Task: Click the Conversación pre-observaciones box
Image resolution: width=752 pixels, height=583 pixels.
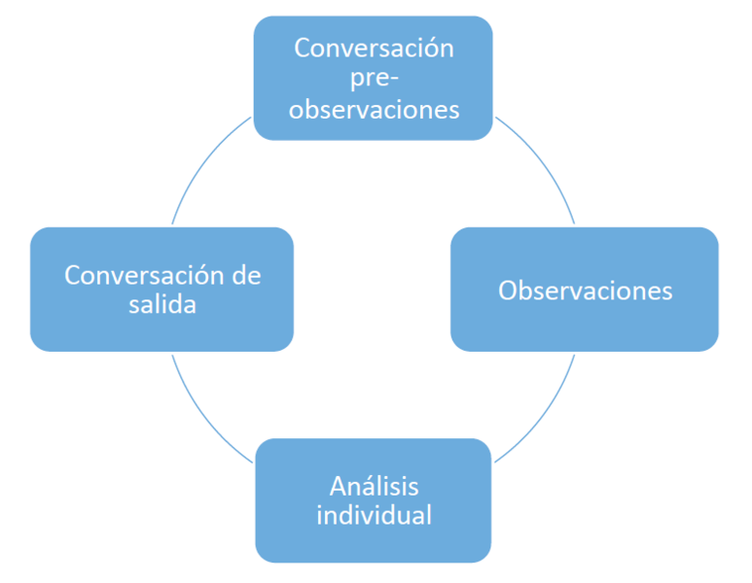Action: [x=374, y=78]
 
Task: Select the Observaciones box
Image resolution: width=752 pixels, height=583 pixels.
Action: [x=585, y=290]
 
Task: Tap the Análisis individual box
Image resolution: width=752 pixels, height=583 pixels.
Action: [x=374, y=500]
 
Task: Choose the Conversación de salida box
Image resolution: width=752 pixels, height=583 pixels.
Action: [x=162, y=290]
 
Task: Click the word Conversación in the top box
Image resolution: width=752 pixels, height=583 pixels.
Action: [x=375, y=48]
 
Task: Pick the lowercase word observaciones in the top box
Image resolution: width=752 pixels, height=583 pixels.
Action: [x=375, y=109]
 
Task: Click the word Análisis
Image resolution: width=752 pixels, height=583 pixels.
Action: [x=375, y=486]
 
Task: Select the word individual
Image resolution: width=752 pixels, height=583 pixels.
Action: [x=375, y=515]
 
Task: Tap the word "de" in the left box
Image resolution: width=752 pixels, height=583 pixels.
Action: [x=246, y=275]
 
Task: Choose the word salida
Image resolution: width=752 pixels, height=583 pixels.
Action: [x=162, y=304]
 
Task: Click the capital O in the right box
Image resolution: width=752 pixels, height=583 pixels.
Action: [x=509, y=291]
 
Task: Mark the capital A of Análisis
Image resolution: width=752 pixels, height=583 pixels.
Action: [x=340, y=487]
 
